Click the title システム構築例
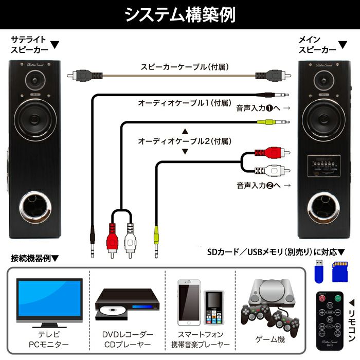click(x=180, y=15)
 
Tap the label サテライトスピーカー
click(x=29, y=45)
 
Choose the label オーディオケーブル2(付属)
click(x=184, y=140)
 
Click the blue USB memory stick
click(x=318, y=271)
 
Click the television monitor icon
click(x=49, y=300)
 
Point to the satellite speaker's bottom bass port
click(x=34, y=209)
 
